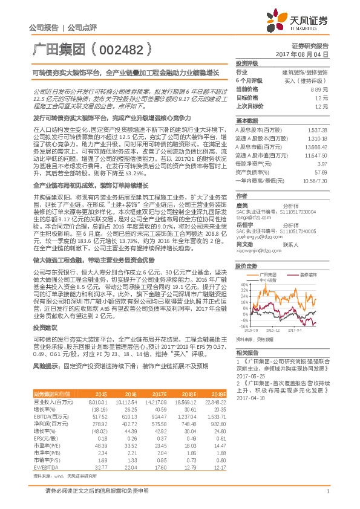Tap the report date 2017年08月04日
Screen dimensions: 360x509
309,54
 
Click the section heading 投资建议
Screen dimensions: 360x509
44,326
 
